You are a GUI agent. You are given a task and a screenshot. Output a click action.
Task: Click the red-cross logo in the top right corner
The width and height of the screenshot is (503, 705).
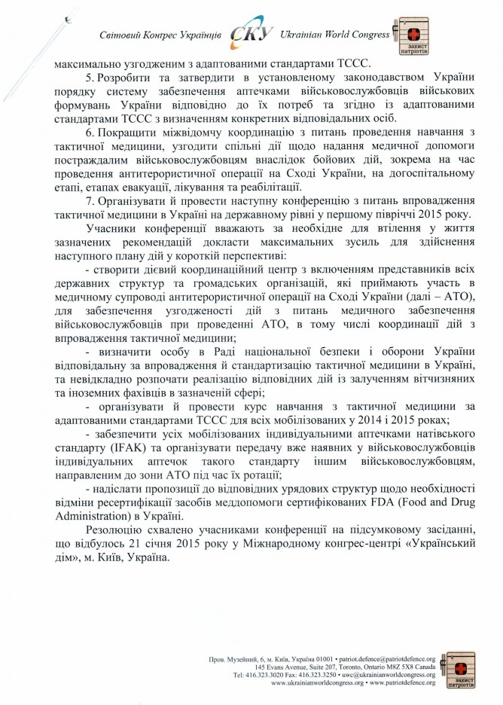412,37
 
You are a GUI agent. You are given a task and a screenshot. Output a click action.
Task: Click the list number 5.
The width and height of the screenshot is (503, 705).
89,78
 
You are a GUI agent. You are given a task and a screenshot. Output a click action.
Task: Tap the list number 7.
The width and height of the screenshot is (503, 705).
89,201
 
